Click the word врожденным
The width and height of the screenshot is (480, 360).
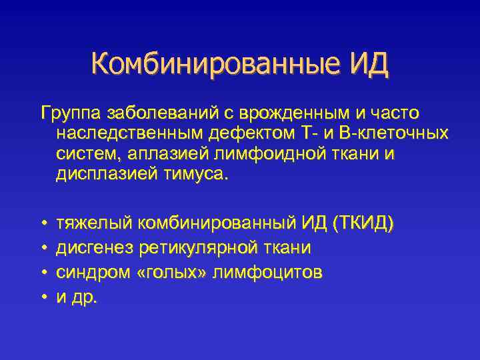pos(287,113)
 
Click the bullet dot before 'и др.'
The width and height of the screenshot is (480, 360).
pos(43,297)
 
